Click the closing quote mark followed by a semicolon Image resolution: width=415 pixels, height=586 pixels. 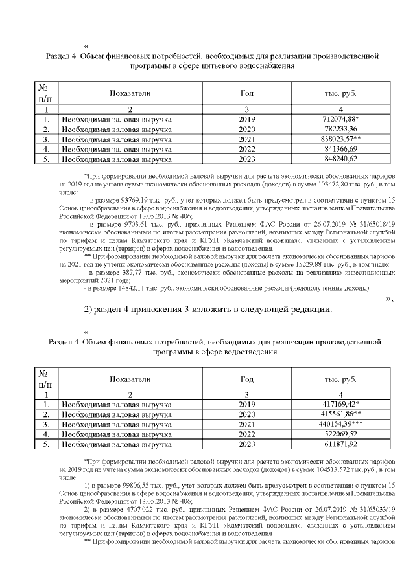click(x=389, y=299)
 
